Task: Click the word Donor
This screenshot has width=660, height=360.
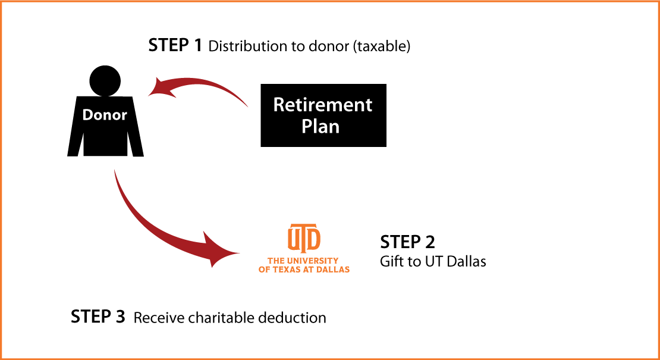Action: click(x=105, y=115)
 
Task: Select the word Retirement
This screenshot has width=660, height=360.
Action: click(x=323, y=105)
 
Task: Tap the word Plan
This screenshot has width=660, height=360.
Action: click(x=320, y=126)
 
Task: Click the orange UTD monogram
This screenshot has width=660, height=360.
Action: click(x=304, y=238)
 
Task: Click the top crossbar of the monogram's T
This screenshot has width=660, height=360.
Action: click(x=304, y=227)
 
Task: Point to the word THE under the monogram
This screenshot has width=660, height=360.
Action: click(x=276, y=261)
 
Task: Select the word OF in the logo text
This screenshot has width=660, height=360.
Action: click(x=264, y=269)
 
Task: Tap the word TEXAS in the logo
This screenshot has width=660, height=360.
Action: click(x=288, y=269)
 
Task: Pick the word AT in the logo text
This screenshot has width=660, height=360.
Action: click(x=310, y=269)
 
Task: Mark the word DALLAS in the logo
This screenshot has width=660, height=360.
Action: click(x=334, y=269)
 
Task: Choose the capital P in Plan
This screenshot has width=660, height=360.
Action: click(x=307, y=126)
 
